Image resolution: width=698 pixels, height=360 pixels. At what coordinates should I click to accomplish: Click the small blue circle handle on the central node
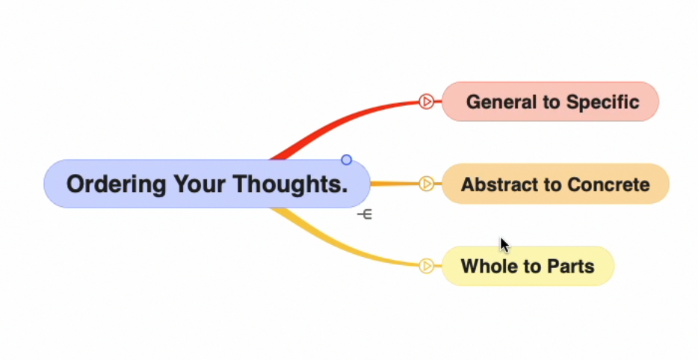346,160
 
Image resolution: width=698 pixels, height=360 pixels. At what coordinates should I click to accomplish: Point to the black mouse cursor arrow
504,245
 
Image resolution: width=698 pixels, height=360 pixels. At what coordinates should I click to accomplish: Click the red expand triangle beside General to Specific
427,102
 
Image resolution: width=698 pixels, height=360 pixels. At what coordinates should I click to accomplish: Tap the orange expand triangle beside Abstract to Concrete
427,184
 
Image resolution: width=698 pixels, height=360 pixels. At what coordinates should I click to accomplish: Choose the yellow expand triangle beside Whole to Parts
427,266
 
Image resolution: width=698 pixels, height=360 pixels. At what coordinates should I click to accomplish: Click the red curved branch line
344,124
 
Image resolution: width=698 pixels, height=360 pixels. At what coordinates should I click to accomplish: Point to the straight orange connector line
395,184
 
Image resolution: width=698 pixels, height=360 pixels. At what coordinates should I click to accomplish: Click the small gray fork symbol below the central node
365,214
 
